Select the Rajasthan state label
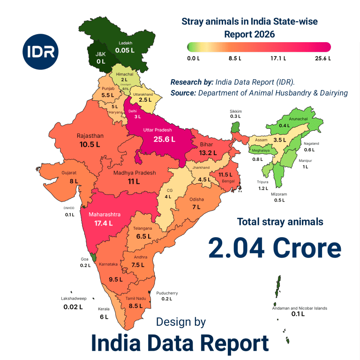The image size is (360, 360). point(90,136)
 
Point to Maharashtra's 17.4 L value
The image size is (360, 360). point(104,223)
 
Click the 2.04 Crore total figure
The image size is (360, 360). point(275,248)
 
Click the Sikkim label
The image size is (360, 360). point(236,111)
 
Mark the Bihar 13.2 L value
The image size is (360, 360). point(208,152)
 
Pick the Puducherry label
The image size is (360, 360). point(167,293)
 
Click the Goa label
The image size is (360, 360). point(85,259)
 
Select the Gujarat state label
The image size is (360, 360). point(69,172)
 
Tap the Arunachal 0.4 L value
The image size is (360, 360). point(284,126)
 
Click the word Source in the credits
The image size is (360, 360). point(183,93)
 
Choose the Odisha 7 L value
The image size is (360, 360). point(196,207)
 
